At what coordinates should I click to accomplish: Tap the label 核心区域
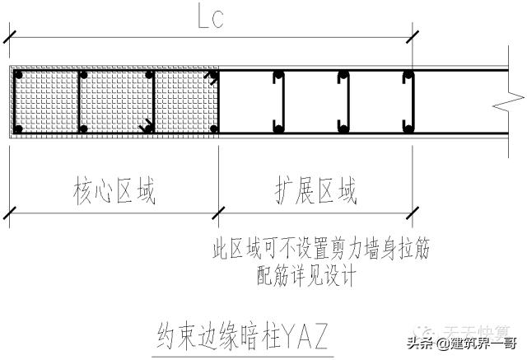click(114, 192)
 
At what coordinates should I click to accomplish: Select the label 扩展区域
click(316, 192)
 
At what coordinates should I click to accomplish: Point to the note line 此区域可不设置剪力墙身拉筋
click(320, 248)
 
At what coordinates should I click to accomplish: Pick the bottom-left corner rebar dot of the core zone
click(18, 129)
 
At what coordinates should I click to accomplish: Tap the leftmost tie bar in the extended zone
click(279, 102)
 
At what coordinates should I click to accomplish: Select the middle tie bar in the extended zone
click(343, 102)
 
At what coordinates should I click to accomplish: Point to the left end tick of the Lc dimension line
click(8, 36)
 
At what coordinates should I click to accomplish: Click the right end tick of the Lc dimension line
click(414, 36)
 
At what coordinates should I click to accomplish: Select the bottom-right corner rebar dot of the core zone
click(213, 129)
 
